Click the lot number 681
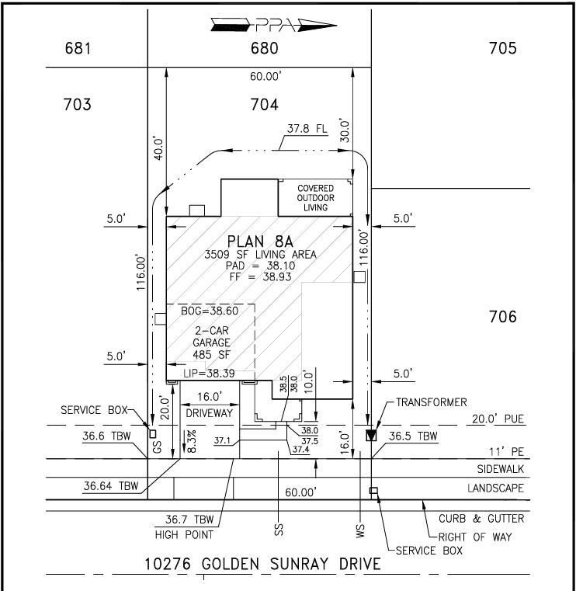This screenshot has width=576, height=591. coord(78,48)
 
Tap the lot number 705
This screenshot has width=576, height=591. coord(502,48)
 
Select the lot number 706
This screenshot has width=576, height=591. coord(502,317)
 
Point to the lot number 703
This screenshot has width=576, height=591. coord(77,104)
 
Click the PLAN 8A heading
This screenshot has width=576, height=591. coord(260,242)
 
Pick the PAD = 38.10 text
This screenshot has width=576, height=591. coord(260,266)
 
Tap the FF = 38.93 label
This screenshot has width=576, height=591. coord(260,276)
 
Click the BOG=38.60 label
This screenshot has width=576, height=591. coord(210,311)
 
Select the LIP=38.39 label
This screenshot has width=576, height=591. coord(209,373)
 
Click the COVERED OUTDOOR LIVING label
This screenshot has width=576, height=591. coord(316,197)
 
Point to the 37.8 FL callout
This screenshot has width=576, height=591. coord(307,128)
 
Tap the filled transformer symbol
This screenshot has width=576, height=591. coord(371,436)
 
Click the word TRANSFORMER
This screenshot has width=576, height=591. coord(432,402)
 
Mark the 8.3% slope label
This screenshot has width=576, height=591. coord(192,441)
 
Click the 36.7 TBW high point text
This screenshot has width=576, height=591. coord(189,520)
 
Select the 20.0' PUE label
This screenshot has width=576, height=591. coord(498,419)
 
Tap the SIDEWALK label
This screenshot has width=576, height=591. coord(500,469)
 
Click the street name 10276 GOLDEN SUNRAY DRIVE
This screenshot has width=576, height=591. coord(262,564)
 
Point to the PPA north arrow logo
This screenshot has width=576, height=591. coord(273,26)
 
